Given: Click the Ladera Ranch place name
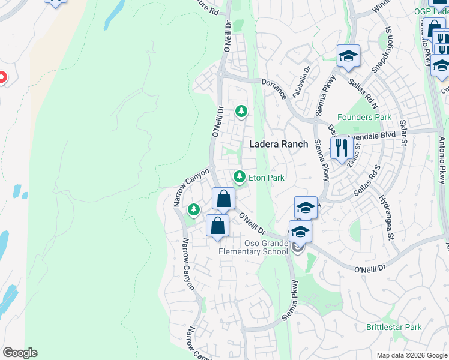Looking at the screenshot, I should [x=279, y=144].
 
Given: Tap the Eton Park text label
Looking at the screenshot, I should [x=266, y=178].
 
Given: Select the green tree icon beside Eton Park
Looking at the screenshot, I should [x=240, y=176].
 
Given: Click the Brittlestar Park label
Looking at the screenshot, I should [x=394, y=328].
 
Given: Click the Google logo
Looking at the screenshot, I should [x=20, y=353].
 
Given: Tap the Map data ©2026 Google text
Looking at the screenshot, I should [x=411, y=355].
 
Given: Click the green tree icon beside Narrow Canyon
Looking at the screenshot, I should [x=193, y=209].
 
